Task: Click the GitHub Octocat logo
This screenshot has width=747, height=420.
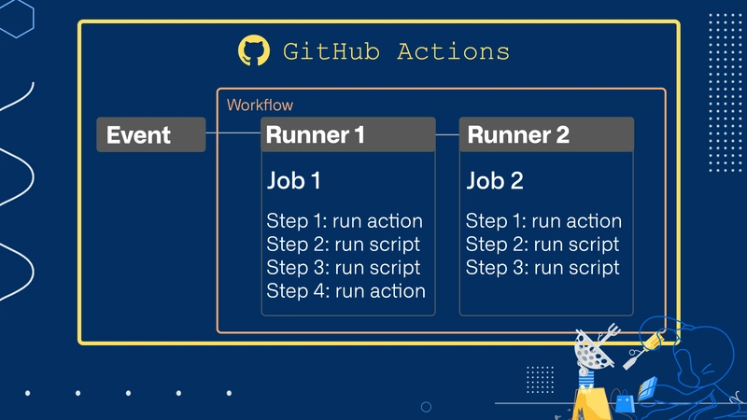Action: coord(254,50)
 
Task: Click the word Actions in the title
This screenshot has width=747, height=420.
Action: coord(453,51)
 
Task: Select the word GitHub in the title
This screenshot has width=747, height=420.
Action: coord(331,51)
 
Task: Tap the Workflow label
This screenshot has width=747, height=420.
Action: coord(260,105)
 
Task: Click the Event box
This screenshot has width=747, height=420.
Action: coord(151,134)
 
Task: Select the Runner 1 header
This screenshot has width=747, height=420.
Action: coord(348,134)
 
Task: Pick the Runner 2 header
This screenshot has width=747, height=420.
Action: coord(546,134)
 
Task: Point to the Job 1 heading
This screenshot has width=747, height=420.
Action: coord(293,180)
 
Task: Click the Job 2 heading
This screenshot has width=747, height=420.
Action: coord(495,180)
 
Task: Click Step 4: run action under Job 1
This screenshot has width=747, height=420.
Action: coord(345,291)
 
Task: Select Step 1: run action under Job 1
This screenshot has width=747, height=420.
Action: coord(345,221)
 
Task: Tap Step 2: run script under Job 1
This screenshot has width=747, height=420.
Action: coord(343,245)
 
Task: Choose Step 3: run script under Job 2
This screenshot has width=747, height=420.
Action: coord(543,268)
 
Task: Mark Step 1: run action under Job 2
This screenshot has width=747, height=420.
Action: coord(543,221)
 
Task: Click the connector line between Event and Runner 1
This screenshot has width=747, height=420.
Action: coord(233,133)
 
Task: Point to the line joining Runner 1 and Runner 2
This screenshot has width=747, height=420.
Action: coord(447,134)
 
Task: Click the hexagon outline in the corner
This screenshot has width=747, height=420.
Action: coord(16,18)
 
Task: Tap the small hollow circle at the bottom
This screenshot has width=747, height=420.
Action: coord(427,407)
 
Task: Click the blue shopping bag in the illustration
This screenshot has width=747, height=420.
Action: coord(625,403)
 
